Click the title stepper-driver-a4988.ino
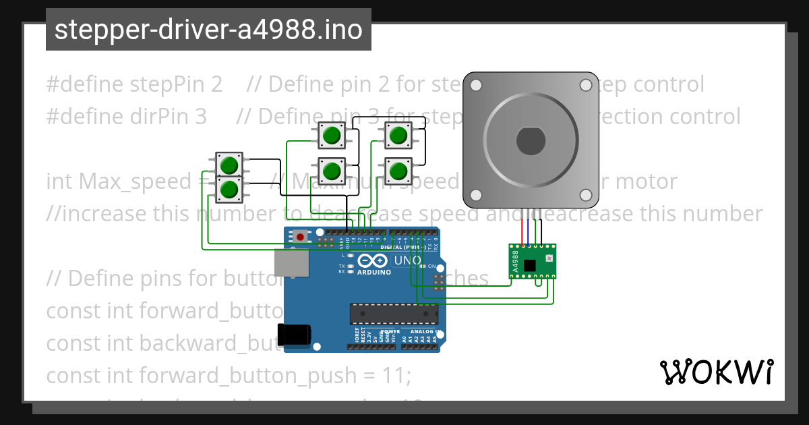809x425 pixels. tap(208, 30)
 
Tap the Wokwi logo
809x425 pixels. tap(716, 372)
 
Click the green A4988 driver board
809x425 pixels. tap(532, 261)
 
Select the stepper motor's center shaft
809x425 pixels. tap(531, 140)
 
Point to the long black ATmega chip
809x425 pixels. tap(393, 314)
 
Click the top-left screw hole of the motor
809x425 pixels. tap(476, 86)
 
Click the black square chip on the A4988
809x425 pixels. tap(530, 265)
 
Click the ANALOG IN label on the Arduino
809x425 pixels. tap(423, 332)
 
